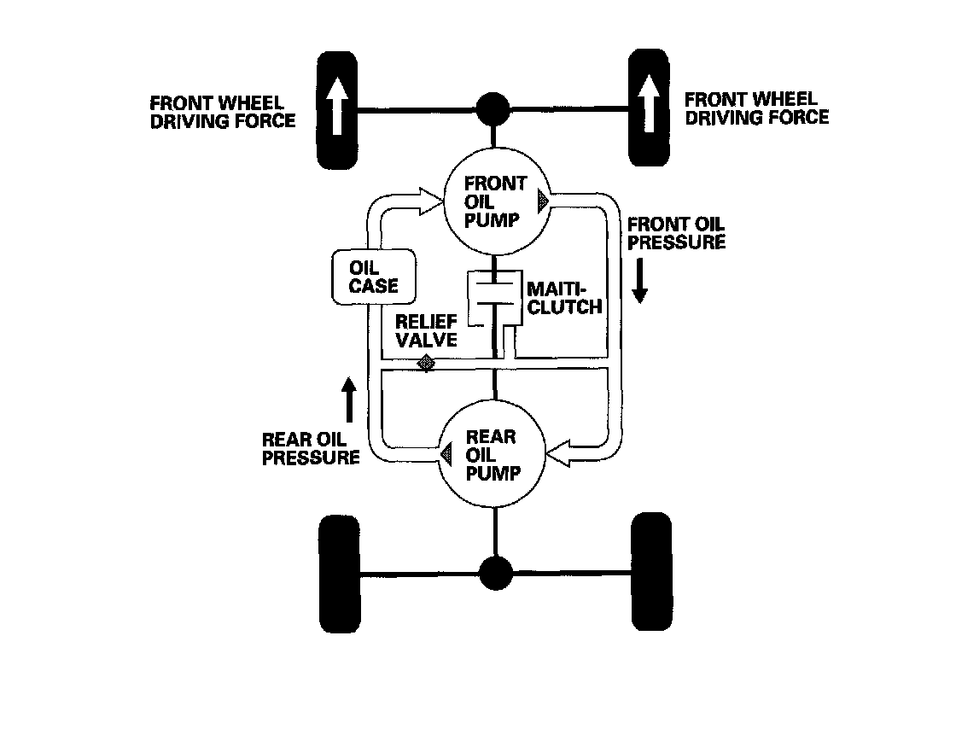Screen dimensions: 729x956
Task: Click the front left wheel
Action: point(336,108)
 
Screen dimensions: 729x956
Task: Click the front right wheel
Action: point(650,108)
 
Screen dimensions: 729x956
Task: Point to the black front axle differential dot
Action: point(493,109)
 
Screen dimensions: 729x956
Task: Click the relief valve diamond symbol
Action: point(425,363)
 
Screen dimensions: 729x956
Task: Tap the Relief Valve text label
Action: point(426,330)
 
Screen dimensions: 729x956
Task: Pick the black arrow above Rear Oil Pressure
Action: point(348,398)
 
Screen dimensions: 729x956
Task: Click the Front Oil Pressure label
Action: point(676,233)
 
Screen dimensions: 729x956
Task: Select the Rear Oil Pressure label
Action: point(311,448)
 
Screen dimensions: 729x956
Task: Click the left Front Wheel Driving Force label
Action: point(222,112)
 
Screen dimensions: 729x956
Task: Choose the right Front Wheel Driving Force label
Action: point(756,108)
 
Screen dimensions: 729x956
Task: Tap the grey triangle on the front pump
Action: point(542,201)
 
